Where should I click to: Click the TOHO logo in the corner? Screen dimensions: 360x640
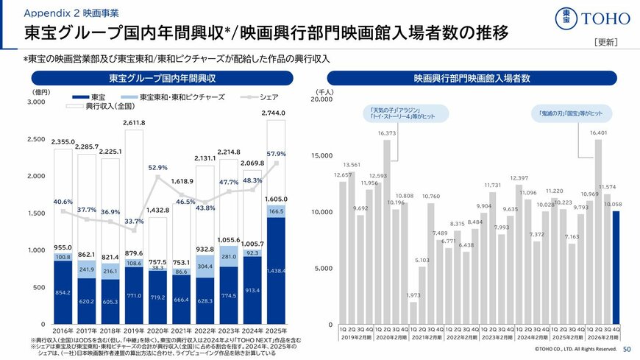[x=591, y=18]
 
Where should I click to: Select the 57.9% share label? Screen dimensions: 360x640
[x=277, y=154]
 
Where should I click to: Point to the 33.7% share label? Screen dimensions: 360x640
[x=134, y=221]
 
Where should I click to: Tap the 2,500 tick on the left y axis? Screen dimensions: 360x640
[x=35, y=139]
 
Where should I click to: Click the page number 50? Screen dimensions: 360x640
[x=627, y=349]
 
